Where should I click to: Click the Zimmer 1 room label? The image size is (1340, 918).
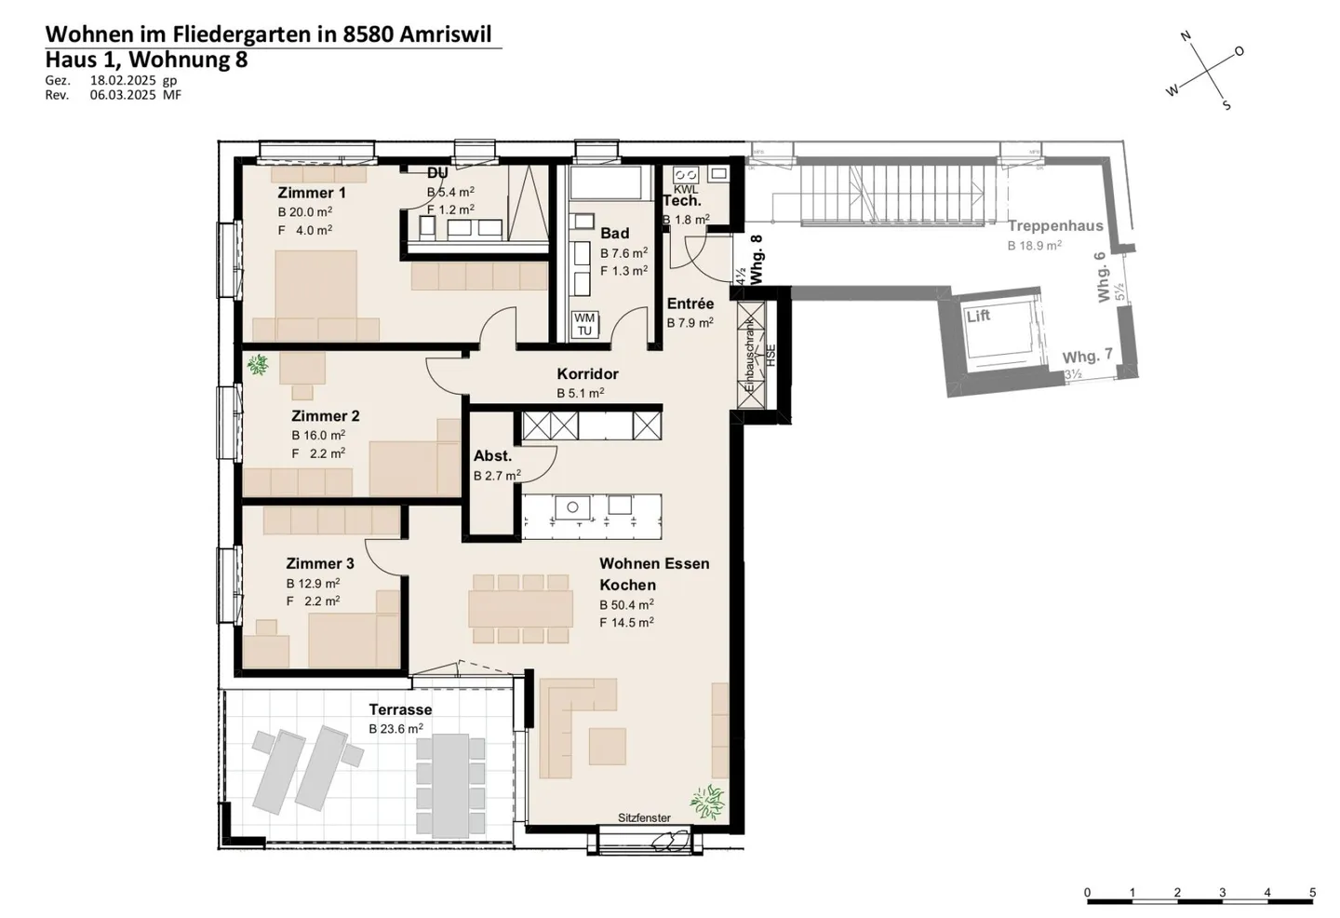click(312, 193)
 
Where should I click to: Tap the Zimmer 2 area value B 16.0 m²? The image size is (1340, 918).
click(318, 435)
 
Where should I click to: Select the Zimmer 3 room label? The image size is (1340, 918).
click(319, 563)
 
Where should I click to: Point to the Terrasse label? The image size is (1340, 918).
click(400, 709)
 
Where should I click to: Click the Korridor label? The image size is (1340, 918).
click(587, 373)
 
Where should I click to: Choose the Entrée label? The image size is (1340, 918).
click(690, 304)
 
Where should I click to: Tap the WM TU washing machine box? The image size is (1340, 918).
click(584, 324)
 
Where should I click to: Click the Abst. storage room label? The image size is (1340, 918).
click(492, 455)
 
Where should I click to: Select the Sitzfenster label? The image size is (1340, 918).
click(644, 817)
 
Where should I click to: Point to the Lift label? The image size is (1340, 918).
click(978, 316)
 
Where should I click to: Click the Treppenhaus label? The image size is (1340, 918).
click(1055, 225)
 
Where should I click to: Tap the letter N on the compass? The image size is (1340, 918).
click(1186, 36)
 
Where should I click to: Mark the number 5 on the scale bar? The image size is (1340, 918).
click(1312, 893)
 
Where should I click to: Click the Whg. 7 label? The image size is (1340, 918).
click(1087, 357)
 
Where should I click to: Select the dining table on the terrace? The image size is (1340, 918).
click(450, 785)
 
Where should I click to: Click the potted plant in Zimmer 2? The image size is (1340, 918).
click(258, 365)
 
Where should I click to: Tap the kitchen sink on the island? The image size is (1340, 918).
click(572, 506)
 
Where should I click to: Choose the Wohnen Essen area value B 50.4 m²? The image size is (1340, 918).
click(626, 604)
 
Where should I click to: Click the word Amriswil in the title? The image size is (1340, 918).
click(450, 34)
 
